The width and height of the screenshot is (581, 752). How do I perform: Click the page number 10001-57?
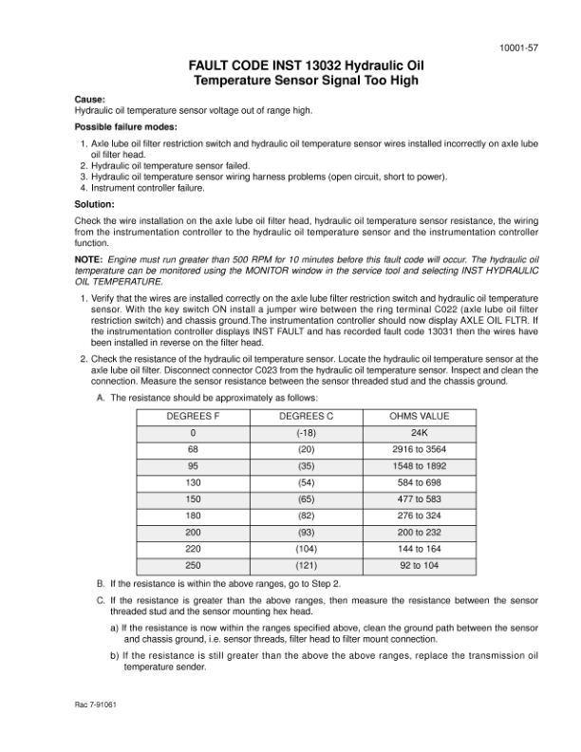coord(520,47)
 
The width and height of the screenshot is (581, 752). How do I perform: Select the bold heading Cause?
coord(89,99)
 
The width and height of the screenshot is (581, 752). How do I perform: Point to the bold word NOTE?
coord(91,259)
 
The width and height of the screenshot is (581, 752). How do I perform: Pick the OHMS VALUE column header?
coord(420,416)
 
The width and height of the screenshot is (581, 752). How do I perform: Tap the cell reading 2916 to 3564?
coord(420,449)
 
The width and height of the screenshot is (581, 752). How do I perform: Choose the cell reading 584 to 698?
coord(420,482)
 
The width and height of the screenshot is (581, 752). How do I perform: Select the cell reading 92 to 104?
coord(420,565)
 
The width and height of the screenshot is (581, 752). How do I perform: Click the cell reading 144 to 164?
coord(420,549)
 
